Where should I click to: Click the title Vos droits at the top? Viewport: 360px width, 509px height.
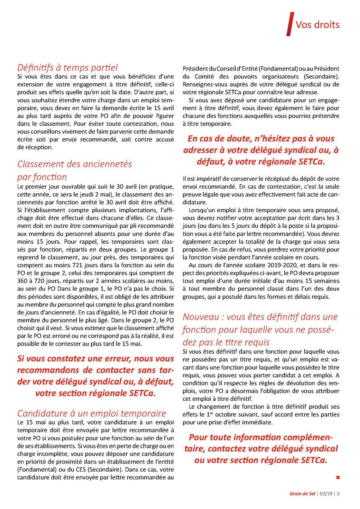317,25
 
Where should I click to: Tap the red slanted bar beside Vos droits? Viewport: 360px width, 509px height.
290,24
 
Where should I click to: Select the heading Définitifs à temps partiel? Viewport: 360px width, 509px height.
67,67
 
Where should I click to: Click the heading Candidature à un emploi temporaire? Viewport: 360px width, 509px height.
91,413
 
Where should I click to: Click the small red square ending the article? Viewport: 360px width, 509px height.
338,477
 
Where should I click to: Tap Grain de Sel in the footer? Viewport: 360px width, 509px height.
302,493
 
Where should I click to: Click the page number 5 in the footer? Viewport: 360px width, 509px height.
338,493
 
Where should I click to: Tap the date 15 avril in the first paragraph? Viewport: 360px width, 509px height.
163,108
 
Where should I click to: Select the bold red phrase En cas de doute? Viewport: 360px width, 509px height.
219,139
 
